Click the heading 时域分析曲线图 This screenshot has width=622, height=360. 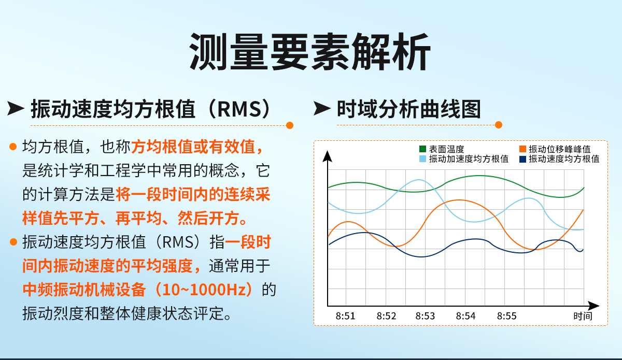coord(409,109)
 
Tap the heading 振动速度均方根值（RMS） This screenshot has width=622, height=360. coord(150,109)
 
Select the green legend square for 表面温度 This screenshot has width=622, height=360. coord(422,149)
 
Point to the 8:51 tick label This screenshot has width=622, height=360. coord(345,315)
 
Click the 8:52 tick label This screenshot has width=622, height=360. coord(386,315)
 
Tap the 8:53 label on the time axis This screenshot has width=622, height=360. coord(425,315)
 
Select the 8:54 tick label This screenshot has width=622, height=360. coord(465,315)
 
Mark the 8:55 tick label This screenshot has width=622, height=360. coord(506,315)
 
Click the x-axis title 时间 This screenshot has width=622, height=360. coord(583,315)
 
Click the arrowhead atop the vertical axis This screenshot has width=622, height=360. coord(327,156)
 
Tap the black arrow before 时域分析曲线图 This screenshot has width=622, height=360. coord(322,109)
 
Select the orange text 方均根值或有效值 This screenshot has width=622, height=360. coord(197,147)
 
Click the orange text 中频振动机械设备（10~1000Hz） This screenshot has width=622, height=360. coord(140,289)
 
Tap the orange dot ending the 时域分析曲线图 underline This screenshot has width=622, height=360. coord(499,125)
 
